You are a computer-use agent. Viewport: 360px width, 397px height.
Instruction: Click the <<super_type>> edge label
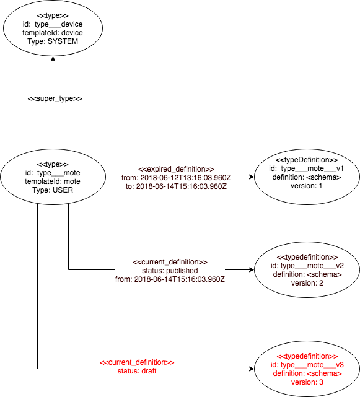click(55, 98)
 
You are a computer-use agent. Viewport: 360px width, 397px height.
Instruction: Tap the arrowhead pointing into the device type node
click(53, 59)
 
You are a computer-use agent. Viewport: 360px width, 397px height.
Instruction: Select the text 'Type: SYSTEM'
click(53, 41)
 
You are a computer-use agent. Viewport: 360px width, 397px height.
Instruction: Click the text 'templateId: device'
click(53, 33)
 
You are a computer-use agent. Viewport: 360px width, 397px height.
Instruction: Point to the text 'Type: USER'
click(53, 190)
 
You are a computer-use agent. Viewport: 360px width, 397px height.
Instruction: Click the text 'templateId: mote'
click(53, 181)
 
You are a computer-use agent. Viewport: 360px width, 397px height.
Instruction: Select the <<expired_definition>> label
click(176, 169)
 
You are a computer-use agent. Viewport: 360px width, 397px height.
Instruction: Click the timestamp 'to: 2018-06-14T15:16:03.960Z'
click(176, 186)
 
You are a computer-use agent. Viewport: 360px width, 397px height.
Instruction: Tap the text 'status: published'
click(170, 271)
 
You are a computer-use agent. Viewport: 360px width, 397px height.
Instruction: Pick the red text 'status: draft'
click(137, 371)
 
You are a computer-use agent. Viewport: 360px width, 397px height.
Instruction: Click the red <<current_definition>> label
click(137, 362)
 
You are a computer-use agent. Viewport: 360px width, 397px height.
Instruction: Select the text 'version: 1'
click(306, 186)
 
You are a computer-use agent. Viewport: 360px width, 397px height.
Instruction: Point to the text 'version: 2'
click(307, 283)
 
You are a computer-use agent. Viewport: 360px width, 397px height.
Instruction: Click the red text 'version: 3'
click(307, 382)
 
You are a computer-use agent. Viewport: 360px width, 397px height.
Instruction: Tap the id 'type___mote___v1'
click(312, 168)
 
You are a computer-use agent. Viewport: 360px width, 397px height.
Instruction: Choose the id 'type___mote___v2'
click(312, 266)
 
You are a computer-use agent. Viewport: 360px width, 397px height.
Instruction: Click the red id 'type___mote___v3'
click(312, 365)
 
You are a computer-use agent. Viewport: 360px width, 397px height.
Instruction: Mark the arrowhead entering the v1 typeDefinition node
click(252, 177)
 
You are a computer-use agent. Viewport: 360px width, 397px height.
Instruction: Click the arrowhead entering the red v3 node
click(252, 369)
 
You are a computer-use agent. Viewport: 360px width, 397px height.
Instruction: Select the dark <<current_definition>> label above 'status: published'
click(170, 262)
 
